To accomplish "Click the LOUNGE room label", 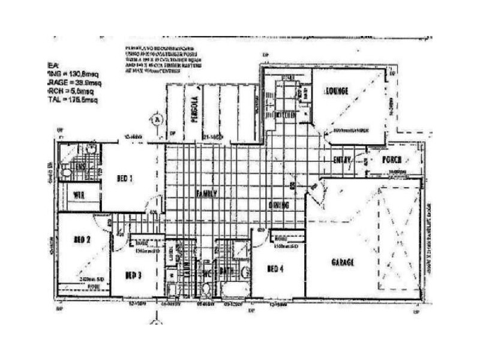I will [x=337, y=91].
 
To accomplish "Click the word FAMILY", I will [x=205, y=193].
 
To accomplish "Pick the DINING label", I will [x=279, y=205].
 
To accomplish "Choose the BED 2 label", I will [x=82, y=239].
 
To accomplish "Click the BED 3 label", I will [x=133, y=275].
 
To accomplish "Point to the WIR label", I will [x=79, y=195].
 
